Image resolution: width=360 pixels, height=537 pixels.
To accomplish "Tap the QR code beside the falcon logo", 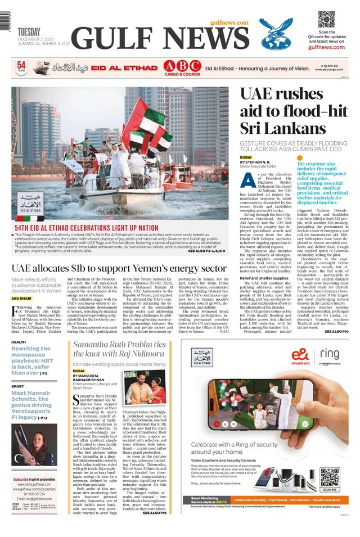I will (326, 20).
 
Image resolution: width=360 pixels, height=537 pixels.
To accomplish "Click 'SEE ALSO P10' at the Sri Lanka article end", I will (337, 332).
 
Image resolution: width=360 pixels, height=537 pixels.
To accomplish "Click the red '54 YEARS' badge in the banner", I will (21, 67).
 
